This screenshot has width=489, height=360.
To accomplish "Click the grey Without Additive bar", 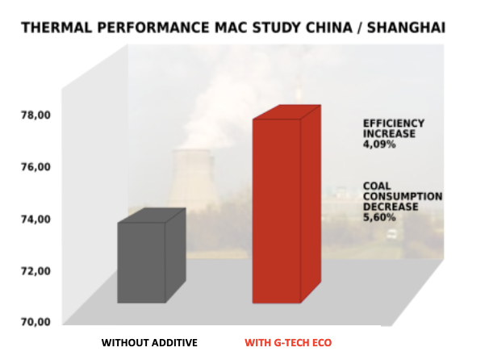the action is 152,256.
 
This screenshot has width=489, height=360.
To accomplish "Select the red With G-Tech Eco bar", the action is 286,204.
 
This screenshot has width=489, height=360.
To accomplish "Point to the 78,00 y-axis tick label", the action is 36,115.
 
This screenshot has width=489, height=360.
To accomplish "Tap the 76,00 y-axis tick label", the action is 36,167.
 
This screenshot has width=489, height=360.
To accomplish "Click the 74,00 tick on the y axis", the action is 36,220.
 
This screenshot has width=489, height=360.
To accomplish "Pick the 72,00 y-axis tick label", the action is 36,271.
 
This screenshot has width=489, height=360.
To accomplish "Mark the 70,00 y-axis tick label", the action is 36,321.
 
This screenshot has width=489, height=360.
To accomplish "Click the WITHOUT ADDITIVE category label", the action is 149,343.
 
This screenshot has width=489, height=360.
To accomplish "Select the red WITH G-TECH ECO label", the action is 288,343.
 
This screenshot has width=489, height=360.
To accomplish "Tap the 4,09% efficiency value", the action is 379,144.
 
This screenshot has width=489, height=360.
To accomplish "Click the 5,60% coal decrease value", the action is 379,217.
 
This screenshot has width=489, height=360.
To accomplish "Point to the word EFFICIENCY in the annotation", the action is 394,123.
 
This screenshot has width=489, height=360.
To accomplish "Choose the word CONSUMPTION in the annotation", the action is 403,196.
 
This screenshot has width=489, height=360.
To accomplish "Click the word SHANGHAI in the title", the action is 406,27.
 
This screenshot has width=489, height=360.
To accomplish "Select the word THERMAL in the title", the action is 56,27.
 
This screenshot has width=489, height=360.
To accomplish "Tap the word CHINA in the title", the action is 329,27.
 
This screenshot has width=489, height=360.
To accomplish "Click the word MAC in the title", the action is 232,27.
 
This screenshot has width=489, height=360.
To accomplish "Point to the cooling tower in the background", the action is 193,181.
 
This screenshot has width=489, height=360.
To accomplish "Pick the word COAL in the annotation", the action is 377,186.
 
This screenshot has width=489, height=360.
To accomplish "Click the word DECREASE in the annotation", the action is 391,207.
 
